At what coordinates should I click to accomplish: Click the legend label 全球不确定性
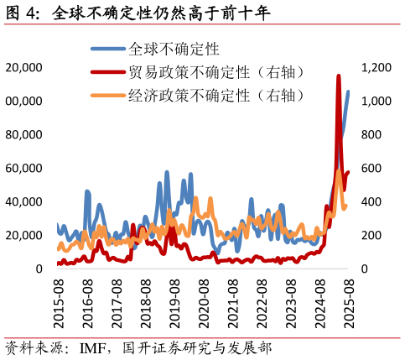point(174,50)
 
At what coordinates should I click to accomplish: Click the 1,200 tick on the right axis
point(376,67)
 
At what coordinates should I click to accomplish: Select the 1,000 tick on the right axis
point(376,101)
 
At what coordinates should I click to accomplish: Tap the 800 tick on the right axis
point(371,134)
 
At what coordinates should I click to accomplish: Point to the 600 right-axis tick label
point(371,168)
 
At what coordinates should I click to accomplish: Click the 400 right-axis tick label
point(371,201)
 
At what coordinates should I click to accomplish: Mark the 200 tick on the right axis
point(371,235)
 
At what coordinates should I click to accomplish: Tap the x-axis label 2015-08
point(58,303)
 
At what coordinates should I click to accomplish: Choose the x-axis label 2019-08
point(174,303)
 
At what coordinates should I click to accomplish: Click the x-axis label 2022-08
point(262,303)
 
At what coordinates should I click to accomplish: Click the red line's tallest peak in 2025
point(338,76)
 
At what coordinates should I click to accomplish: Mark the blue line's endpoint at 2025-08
point(349,91)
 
